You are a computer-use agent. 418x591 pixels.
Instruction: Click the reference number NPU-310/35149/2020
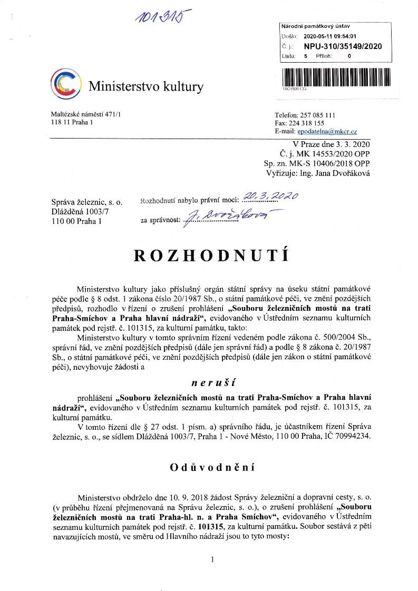pos(343,46)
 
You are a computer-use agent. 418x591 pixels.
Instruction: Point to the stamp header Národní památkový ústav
pos(308,26)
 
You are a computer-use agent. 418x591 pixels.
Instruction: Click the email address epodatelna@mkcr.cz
pos(327,131)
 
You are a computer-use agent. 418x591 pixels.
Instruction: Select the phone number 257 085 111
pos(317,115)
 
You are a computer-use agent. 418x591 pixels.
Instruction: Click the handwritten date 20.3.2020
pos(274,196)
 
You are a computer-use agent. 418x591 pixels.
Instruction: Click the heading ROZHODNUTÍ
pos(211,255)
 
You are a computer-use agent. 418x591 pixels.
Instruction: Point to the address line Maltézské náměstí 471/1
pos(85,114)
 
